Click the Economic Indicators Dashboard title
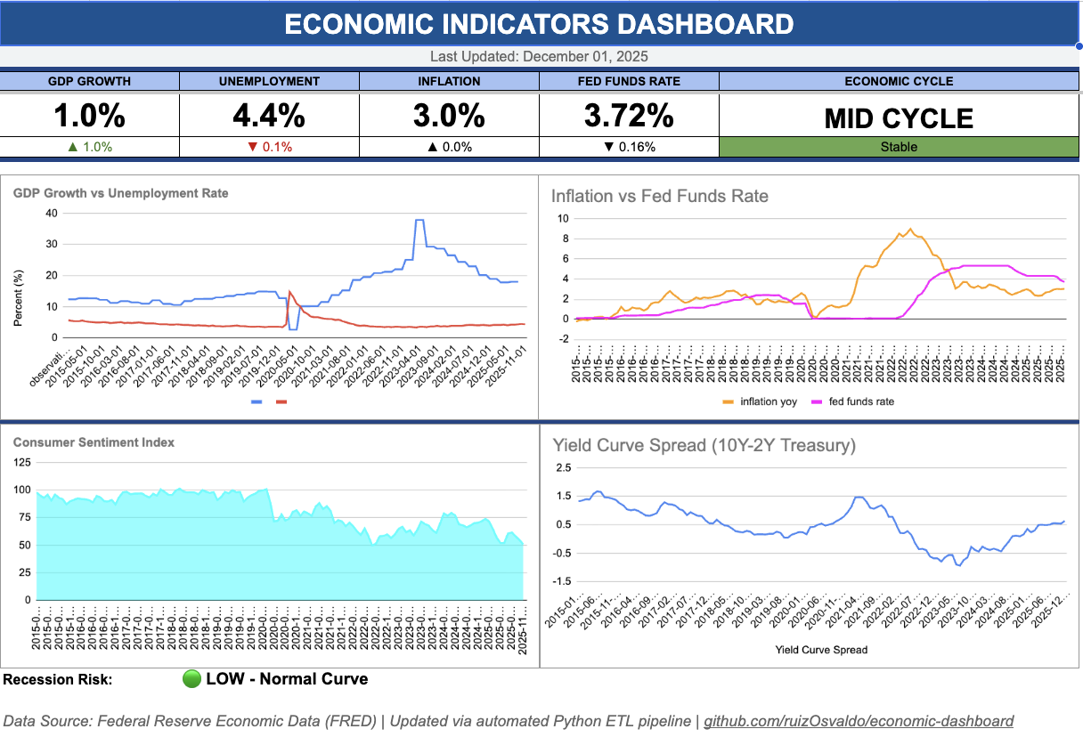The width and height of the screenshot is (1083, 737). (539, 24)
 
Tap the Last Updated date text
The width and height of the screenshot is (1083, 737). (539, 56)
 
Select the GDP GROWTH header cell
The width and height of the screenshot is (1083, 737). (89, 81)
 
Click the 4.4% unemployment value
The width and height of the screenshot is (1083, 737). (269, 116)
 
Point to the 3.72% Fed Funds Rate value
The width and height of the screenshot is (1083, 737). (629, 116)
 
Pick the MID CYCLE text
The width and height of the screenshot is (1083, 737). (898, 118)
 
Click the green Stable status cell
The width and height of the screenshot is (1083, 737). (898, 147)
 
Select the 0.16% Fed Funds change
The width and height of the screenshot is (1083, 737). (629, 147)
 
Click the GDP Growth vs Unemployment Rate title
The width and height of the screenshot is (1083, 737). (120, 193)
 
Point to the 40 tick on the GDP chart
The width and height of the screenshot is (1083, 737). (52, 213)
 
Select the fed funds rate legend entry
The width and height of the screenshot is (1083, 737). (854, 401)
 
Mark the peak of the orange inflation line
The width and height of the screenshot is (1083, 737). (908, 229)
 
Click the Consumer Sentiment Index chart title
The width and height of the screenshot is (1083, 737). (94, 442)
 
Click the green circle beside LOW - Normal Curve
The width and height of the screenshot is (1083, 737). (191, 679)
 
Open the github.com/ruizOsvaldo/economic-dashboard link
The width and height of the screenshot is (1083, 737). (859, 721)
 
